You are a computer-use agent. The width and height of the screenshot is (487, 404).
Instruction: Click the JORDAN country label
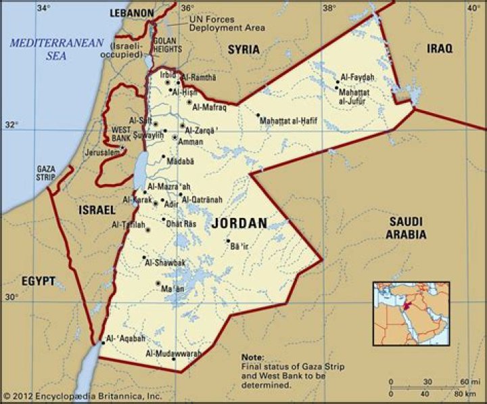[x=239, y=223]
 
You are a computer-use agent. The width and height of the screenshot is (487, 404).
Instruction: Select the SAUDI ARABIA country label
[x=406, y=228]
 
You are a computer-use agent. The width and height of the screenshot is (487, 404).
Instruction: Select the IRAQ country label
[x=440, y=48]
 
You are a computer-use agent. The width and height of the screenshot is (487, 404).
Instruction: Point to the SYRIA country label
[x=244, y=49]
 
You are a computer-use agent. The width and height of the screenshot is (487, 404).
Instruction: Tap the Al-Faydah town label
[x=357, y=77]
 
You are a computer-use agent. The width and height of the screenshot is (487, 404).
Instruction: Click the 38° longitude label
[x=329, y=8]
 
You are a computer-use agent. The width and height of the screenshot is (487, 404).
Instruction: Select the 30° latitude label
[x=11, y=297]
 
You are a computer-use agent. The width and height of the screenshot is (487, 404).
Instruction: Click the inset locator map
[x=411, y=313]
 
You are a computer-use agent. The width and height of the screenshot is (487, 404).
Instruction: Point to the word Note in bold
[x=252, y=357]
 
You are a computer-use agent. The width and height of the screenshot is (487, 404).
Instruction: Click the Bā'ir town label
[x=240, y=248]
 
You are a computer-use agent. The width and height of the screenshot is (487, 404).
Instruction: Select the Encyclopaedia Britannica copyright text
[x=82, y=396]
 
